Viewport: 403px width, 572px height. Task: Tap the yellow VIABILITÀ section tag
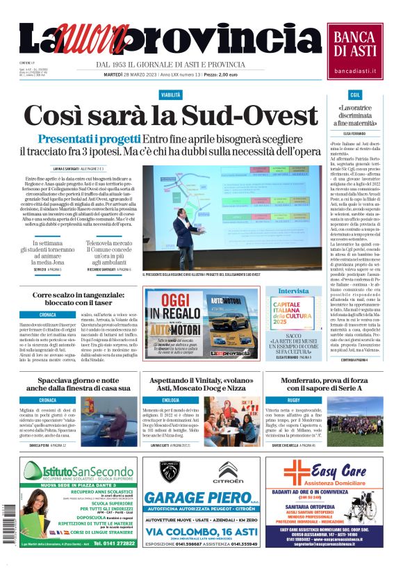click(x=171, y=94)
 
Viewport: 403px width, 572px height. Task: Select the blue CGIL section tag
click(x=356, y=94)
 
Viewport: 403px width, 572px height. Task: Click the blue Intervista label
click(x=293, y=291)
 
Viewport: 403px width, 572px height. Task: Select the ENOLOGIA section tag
click(x=151, y=400)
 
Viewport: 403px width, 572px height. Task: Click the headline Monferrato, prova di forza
click(x=322, y=384)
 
